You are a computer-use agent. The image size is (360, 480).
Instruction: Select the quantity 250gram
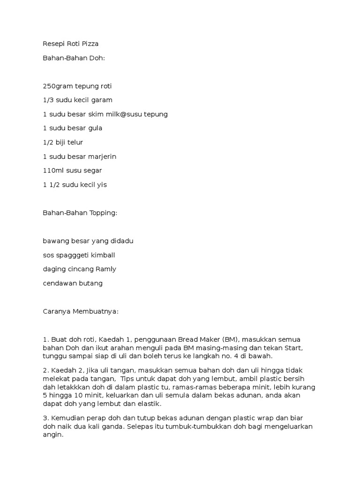56,86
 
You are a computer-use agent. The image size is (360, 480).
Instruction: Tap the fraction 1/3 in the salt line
47,100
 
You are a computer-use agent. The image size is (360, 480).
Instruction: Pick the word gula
96,128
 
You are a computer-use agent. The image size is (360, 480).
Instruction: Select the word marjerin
100,157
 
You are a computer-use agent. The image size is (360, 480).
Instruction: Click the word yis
102,185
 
